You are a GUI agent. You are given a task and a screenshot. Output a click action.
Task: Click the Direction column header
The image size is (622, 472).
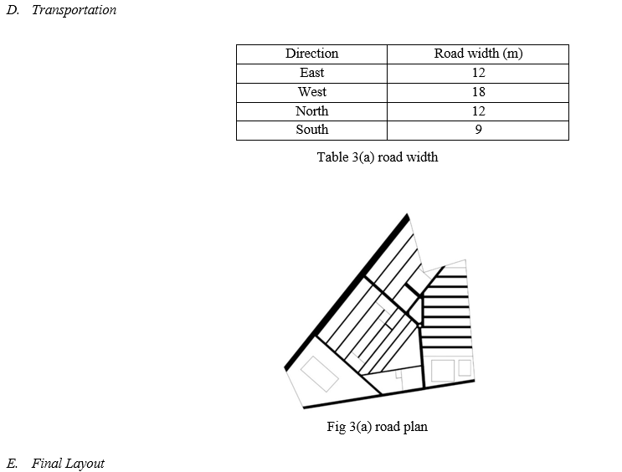[311, 54]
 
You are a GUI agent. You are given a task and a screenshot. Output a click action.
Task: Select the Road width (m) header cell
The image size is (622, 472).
[478, 54]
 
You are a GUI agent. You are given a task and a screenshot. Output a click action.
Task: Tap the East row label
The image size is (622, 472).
[311, 73]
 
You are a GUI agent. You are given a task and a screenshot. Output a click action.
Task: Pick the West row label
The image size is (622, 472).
[311, 92]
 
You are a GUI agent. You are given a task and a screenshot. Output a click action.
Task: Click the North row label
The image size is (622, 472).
[311, 111]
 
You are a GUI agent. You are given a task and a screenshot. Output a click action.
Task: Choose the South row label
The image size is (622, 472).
[311, 130]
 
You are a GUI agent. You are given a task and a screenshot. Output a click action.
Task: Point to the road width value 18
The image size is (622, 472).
[478, 92]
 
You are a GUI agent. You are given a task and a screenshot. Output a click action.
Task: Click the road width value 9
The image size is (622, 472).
[478, 130]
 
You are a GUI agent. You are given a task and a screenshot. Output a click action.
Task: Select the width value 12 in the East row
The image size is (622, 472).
[478, 73]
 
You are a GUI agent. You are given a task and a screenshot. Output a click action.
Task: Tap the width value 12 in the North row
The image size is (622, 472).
[478, 111]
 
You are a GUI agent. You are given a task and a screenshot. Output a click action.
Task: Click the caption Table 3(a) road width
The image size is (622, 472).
[378, 157]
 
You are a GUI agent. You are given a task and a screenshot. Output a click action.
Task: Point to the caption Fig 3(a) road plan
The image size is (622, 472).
[378, 427]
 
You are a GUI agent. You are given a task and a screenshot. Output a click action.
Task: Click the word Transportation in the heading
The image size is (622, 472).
[74, 10]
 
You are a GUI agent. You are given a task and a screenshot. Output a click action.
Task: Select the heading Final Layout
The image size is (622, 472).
[68, 464]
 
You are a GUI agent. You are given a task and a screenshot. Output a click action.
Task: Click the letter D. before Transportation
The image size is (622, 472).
[13, 10]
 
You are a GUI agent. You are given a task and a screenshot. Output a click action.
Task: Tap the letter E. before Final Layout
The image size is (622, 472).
[12, 464]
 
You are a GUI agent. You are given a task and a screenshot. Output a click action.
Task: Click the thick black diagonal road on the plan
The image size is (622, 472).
[347, 292]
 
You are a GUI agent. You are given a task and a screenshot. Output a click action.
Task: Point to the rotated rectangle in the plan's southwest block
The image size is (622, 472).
[320, 374]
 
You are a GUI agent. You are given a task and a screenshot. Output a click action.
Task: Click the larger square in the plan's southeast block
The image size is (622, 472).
[443, 371]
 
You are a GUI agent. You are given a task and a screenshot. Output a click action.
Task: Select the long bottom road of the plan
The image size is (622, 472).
[388, 394]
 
